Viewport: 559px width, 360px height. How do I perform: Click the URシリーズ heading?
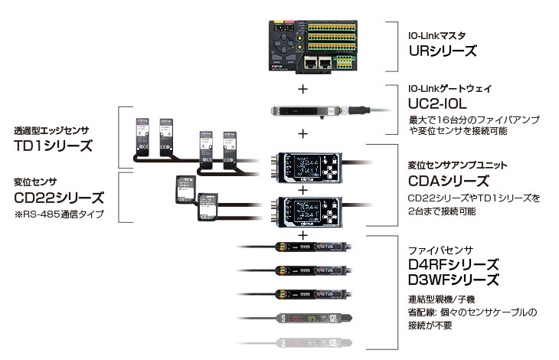tap(442, 51)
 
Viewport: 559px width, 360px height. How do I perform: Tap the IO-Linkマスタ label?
tap(436, 35)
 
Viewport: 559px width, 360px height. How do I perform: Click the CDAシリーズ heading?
tap(448, 182)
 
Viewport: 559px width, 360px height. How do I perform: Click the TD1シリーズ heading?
tap(53, 146)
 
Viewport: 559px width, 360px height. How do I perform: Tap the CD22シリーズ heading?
tap(58, 198)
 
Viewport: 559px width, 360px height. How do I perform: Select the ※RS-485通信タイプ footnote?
tap(58, 213)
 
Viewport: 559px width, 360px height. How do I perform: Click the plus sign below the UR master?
tap(304, 89)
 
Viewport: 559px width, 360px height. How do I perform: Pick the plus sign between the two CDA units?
tap(304, 188)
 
